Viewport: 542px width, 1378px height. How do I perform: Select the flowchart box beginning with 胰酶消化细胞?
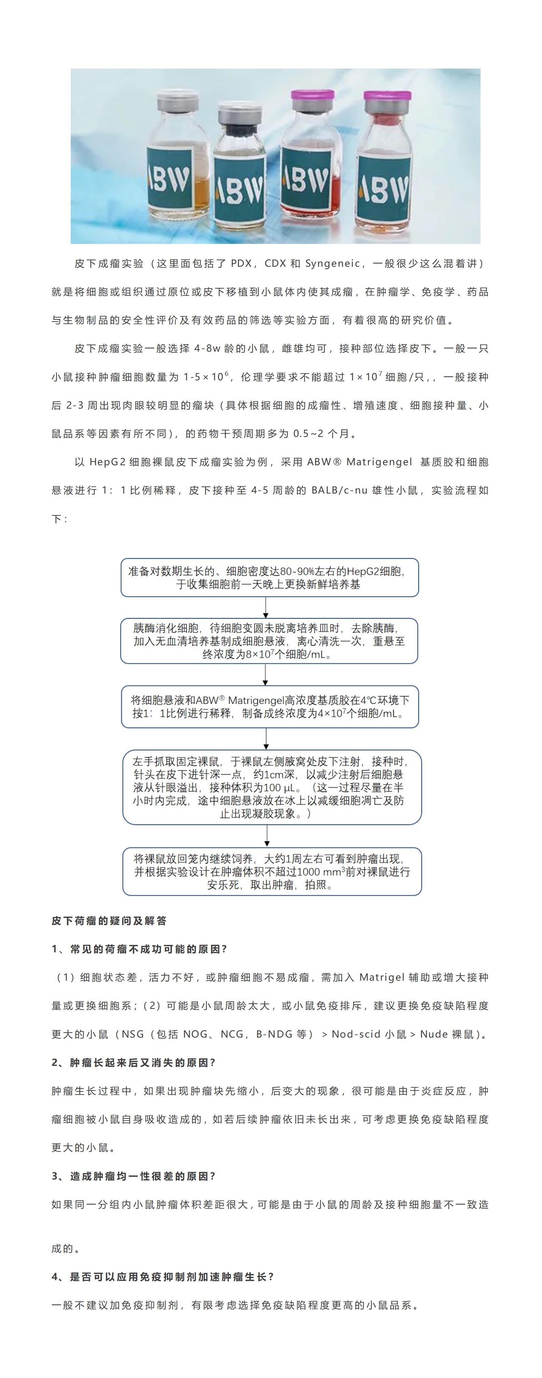(x=269, y=641)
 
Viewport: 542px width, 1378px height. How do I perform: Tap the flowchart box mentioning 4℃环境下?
(x=269, y=707)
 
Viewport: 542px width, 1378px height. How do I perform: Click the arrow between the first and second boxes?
(x=266, y=608)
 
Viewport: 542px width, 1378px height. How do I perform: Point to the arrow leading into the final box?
(x=267, y=836)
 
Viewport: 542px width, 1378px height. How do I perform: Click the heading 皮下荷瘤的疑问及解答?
(x=109, y=921)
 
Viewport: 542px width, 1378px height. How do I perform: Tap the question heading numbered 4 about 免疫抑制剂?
(x=163, y=1277)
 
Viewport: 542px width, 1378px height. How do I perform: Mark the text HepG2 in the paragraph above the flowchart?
(x=107, y=461)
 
